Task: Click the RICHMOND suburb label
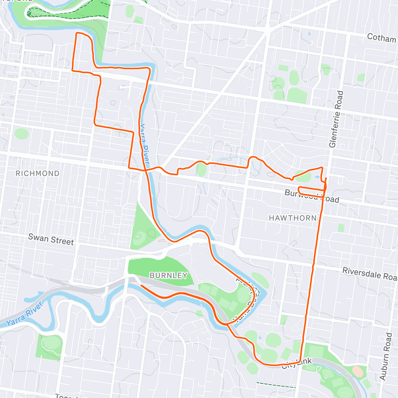(37, 173)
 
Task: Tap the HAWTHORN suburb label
(293, 218)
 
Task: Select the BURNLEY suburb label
(168, 275)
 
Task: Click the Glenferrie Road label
(336, 119)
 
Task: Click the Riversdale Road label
(369, 273)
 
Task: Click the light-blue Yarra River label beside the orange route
(144, 145)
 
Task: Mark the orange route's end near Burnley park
(142, 285)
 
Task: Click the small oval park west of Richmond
(22, 134)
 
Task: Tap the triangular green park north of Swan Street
(143, 229)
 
